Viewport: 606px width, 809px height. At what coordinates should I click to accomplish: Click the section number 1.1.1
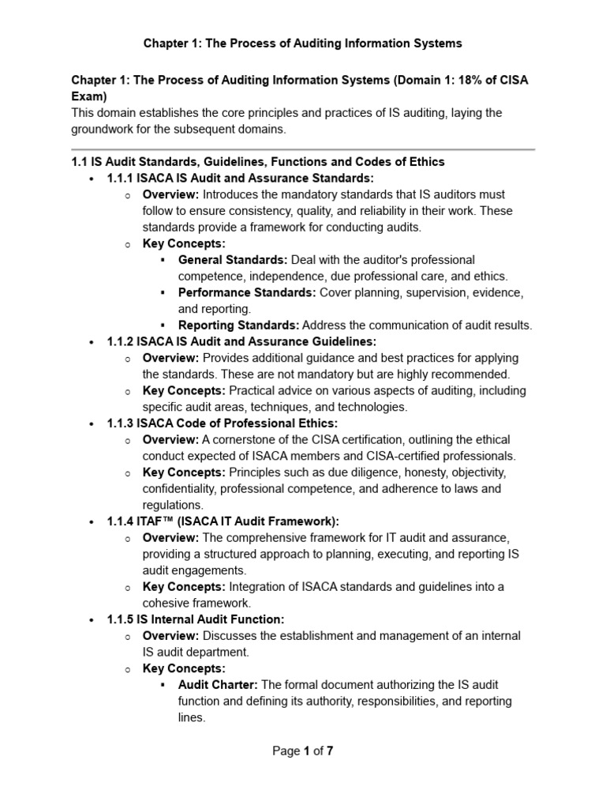(120, 178)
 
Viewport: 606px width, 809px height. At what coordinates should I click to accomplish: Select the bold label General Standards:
(233, 259)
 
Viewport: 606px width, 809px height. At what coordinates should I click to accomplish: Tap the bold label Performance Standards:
(246, 292)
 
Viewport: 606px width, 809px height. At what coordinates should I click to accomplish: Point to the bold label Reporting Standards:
(238, 325)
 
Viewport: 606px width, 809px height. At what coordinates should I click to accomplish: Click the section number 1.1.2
(120, 341)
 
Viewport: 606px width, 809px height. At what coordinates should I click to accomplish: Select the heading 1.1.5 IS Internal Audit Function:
(196, 619)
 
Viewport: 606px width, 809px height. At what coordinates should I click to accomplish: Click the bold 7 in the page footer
(330, 751)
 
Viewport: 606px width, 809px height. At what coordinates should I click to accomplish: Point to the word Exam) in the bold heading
(89, 96)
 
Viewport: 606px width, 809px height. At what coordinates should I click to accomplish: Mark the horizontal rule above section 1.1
(303, 149)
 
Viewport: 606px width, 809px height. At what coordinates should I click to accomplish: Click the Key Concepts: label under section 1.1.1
(184, 243)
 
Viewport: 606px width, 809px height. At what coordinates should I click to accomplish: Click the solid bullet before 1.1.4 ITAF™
(93, 522)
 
